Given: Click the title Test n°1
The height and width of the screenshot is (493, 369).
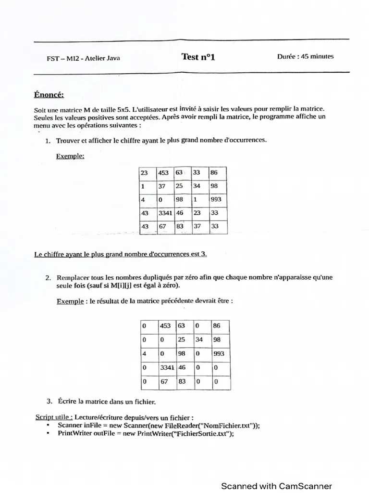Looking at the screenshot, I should click(x=198, y=57).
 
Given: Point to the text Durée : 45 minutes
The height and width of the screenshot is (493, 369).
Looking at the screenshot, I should click(x=305, y=56).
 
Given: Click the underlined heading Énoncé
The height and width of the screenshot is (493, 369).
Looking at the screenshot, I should click(x=49, y=95).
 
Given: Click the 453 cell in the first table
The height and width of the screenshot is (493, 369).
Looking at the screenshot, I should click(x=164, y=173).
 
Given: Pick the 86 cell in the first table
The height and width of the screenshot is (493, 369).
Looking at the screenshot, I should click(x=217, y=173).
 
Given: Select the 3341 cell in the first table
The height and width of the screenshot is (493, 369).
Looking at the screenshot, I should click(x=165, y=212).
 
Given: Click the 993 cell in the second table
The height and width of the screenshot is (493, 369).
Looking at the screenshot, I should click(x=220, y=353).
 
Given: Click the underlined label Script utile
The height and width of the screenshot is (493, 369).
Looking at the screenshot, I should click(x=54, y=417).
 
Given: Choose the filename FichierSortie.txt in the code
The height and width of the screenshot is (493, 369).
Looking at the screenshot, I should click(x=202, y=433).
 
